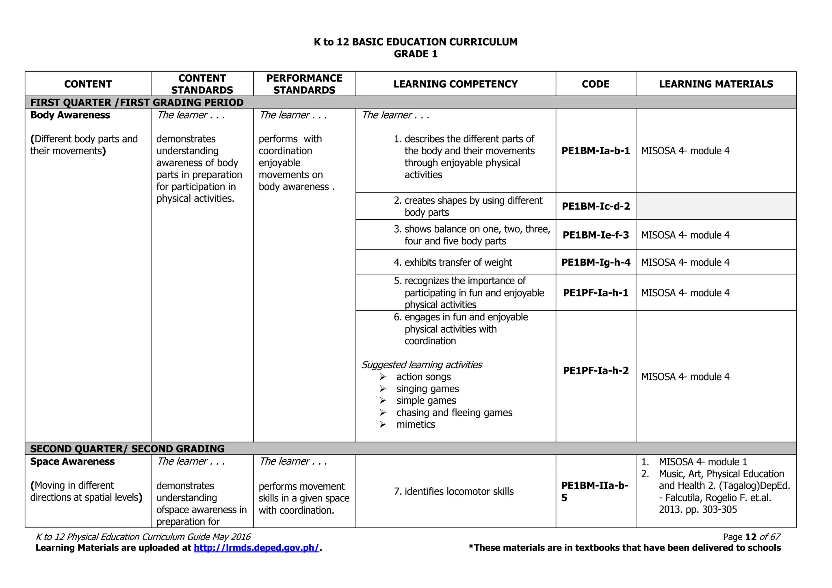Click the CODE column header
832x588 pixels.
point(595,84)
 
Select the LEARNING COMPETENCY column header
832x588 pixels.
point(455,84)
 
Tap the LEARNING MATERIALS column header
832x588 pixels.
point(716,84)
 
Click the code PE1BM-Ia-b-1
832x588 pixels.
point(596,151)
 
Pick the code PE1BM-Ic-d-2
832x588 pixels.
point(596,206)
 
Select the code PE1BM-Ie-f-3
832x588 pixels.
point(596,235)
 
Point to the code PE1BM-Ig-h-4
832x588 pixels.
point(596,262)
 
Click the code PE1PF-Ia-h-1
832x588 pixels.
point(596,293)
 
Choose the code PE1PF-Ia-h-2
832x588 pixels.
point(596,370)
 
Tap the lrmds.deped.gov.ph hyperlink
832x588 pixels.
point(256,548)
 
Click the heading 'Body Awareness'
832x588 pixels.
point(70,115)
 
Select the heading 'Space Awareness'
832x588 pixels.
point(72,462)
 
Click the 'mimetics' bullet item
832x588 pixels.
point(416,424)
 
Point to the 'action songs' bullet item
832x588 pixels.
point(423,377)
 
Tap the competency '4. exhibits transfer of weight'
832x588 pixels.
point(453,262)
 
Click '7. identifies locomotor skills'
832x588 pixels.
point(453,491)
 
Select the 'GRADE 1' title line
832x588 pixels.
point(416,54)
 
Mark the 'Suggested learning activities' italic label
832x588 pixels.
point(421,365)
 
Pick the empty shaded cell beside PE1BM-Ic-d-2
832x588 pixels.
point(716,206)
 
